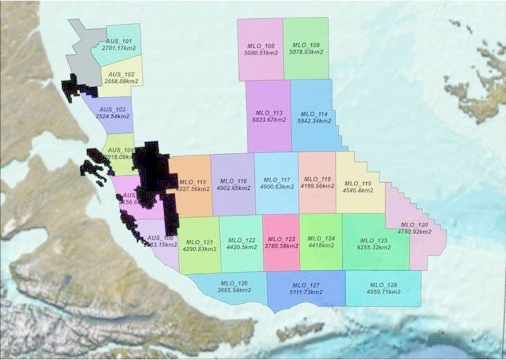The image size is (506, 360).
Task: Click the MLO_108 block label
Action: coord(259,46)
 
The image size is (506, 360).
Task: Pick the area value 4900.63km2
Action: coord(276,187)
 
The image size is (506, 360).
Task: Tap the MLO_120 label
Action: coord(414,225)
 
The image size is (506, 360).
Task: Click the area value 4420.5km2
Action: coord(241,248)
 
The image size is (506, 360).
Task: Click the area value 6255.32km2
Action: coord(373,248)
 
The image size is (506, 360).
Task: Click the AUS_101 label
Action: coord(120,40)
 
